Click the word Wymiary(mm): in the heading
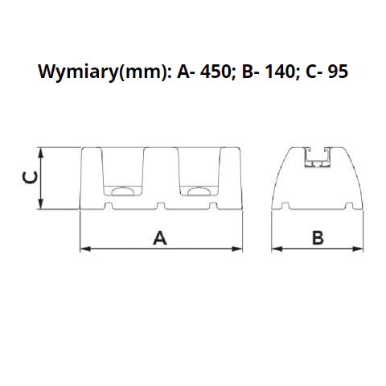pyautogui.click(x=105, y=72)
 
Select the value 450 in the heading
pyautogui.click(x=216, y=72)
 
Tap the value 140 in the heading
pyautogui.click(x=281, y=72)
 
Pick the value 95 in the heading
pyautogui.click(x=338, y=72)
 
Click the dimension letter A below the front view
pyautogui.click(x=160, y=238)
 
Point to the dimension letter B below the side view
pyautogui.click(x=318, y=238)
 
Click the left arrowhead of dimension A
pyautogui.click(x=85, y=249)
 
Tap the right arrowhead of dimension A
pyautogui.click(x=237, y=249)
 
